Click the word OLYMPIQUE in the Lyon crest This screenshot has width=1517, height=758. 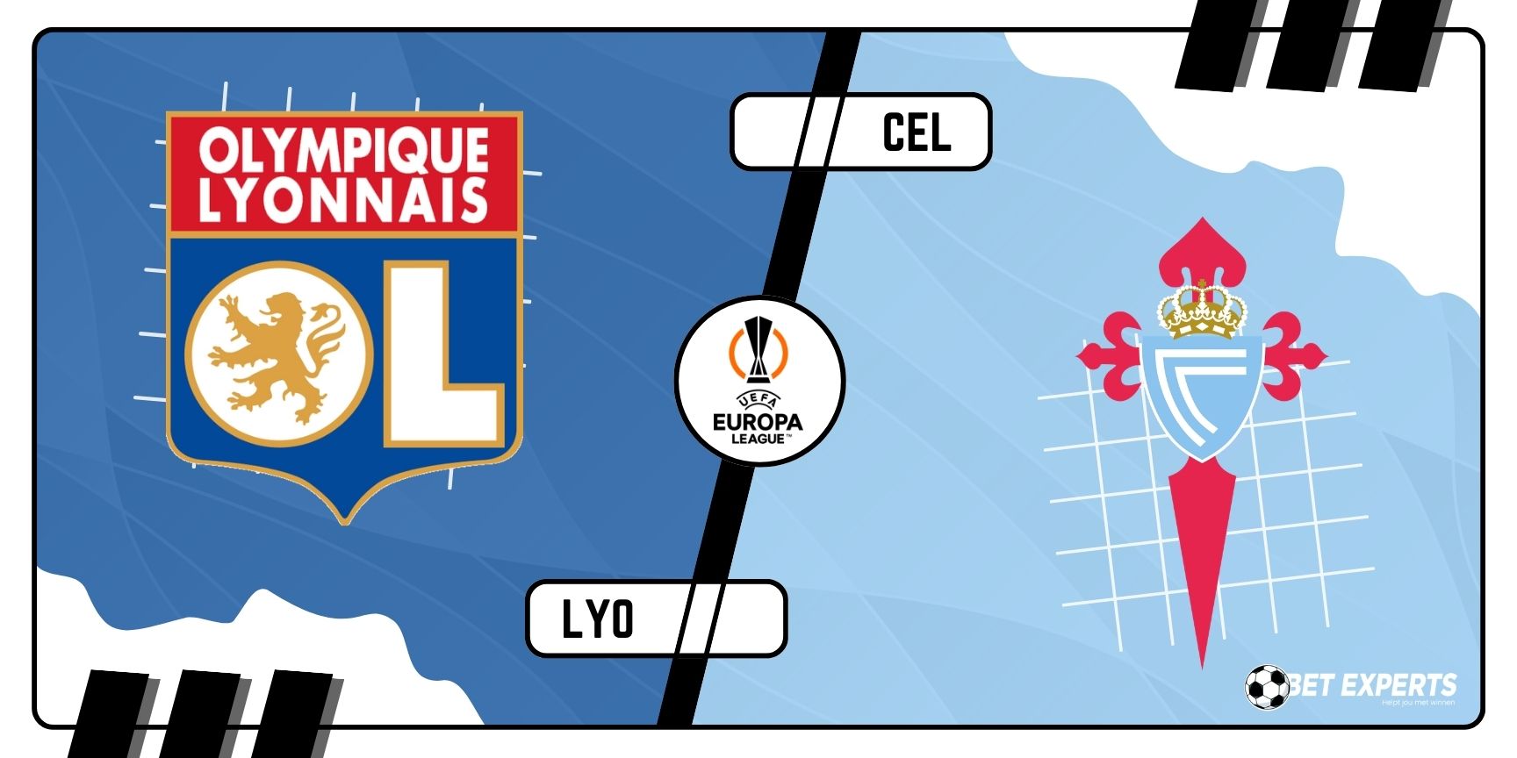click(x=343, y=150)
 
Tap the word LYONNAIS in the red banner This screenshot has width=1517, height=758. click(x=343, y=200)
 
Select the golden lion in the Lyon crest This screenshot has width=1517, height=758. click(x=277, y=353)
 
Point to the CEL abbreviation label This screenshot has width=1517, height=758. click(x=916, y=132)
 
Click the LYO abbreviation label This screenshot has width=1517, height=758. click(x=597, y=619)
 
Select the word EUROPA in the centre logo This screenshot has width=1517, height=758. click(x=758, y=421)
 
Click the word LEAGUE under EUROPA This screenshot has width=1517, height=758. click(x=758, y=438)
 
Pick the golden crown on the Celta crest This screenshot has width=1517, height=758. click(x=1202, y=311)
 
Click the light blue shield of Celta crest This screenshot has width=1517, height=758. click(x=1202, y=395)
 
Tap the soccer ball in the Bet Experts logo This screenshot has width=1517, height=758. click(x=1266, y=687)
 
